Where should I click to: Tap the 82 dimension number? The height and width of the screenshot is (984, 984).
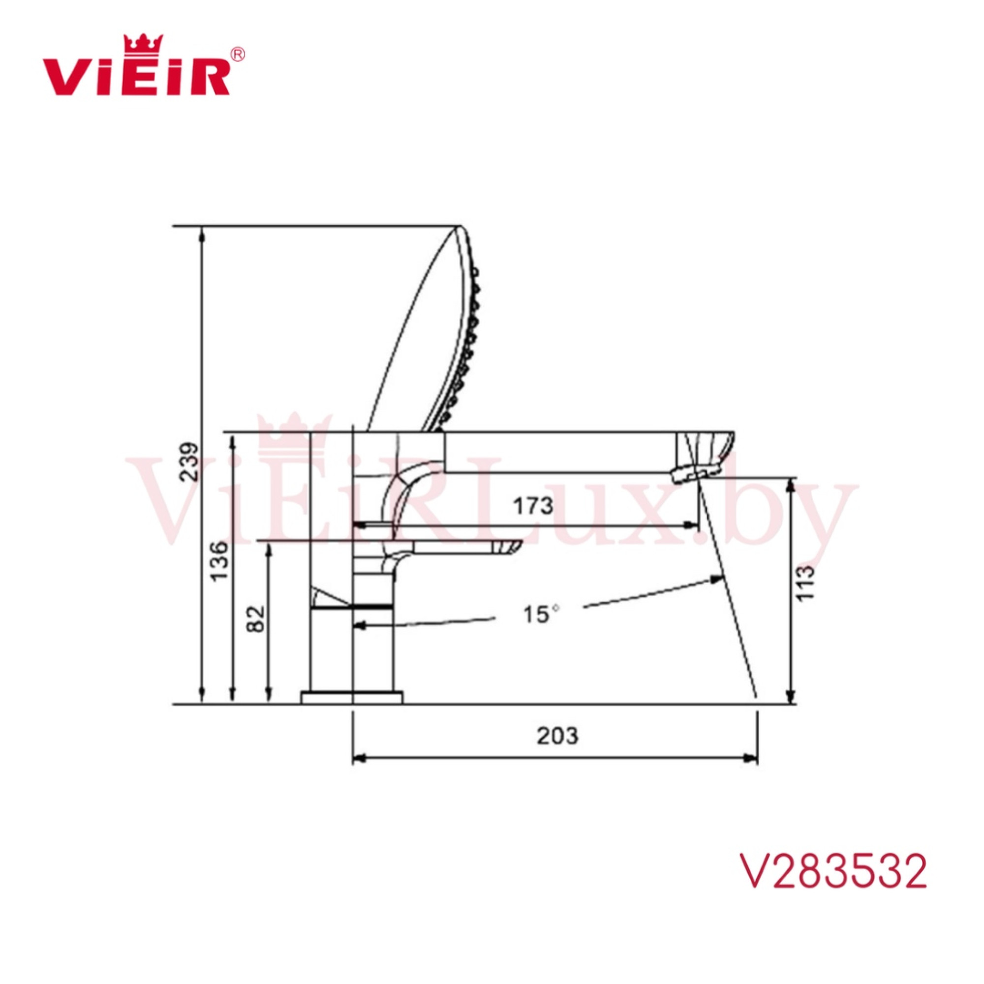256,618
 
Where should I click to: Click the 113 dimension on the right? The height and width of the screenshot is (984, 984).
805,583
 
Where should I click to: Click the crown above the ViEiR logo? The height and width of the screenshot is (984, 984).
144,44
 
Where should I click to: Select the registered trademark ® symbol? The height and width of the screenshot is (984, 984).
238,54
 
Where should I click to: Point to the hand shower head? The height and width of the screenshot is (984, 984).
428,336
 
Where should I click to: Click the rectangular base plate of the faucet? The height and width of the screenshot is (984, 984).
351,697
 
